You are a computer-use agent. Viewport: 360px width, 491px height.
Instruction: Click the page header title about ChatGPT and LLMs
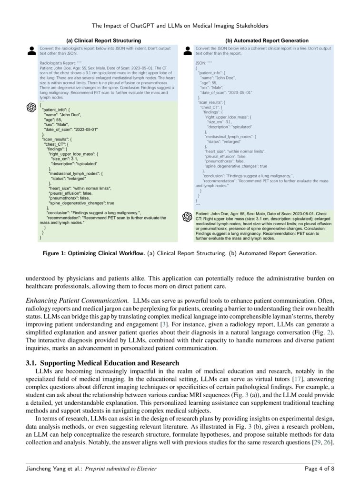click(x=180, y=25)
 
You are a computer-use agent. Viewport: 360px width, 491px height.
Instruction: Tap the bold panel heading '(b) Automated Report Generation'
click(x=267, y=41)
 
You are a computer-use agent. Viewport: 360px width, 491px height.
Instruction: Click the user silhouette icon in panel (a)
click(x=31, y=50)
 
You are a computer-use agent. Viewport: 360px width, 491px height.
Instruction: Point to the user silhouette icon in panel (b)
click(x=188, y=50)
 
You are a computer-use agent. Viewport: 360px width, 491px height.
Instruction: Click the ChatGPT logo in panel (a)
click(x=31, y=108)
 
